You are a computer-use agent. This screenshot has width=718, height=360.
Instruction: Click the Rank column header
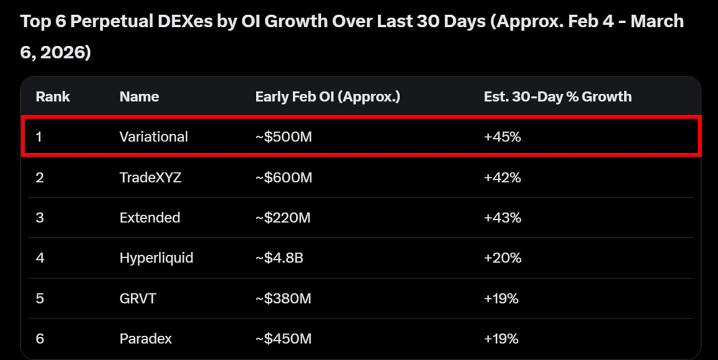pyautogui.click(x=53, y=96)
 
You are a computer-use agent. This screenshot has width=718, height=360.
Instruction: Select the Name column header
pyautogui.click(x=139, y=96)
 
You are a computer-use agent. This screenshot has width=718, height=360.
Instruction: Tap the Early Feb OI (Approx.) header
pyautogui.click(x=328, y=97)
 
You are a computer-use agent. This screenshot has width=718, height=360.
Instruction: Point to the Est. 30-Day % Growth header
pyautogui.click(x=558, y=97)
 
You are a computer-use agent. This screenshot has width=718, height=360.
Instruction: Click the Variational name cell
pyautogui.click(x=154, y=137)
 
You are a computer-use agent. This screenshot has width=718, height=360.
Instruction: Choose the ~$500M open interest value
pyautogui.click(x=284, y=137)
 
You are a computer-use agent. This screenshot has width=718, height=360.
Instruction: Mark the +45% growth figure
pyautogui.click(x=502, y=137)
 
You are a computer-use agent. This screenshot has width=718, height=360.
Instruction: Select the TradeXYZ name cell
pyautogui.click(x=150, y=177)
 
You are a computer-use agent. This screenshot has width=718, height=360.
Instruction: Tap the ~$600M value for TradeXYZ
pyautogui.click(x=284, y=177)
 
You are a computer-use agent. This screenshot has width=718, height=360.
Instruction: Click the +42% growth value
pyautogui.click(x=502, y=177)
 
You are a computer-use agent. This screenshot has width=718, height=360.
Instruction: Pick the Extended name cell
pyautogui.click(x=150, y=218)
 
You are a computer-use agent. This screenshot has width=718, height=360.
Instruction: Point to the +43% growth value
pyautogui.click(x=502, y=218)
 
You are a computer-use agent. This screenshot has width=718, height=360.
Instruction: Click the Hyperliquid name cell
pyautogui.click(x=157, y=258)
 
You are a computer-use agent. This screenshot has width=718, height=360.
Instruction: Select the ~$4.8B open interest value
pyautogui.click(x=279, y=258)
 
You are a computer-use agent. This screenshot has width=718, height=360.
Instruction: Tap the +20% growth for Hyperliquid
pyautogui.click(x=503, y=258)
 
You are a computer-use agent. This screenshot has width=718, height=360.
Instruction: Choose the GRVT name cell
pyautogui.click(x=138, y=298)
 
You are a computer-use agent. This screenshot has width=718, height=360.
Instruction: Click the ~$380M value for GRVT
pyautogui.click(x=283, y=298)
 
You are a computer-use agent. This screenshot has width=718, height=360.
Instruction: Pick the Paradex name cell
pyautogui.click(x=145, y=339)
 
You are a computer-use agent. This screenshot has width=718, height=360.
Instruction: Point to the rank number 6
pyautogui.click(x=40, y=339)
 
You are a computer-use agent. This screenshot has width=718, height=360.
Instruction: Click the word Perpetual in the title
pyautogui.click(x=112, y=21)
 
